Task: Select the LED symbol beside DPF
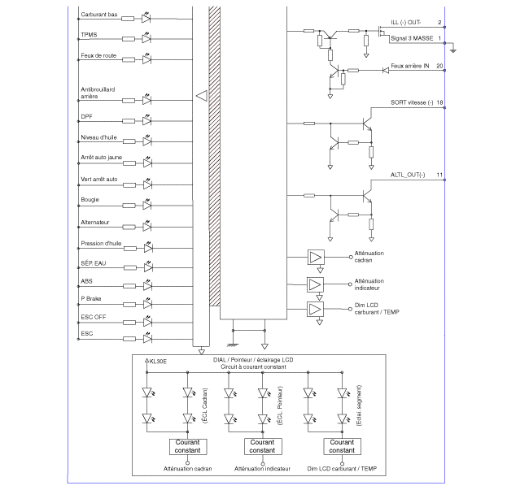[x=147, y=119]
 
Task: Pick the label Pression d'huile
[x=101, y=242]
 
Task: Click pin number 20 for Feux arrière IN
[x=439, y=66]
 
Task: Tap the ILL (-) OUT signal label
[x=406, y=22]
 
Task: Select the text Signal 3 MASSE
[x=412, y=38]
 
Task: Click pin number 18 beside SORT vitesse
[x=439, y=103]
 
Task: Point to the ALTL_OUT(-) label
[x=407, y=176]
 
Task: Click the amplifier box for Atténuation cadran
[x=314, y=257]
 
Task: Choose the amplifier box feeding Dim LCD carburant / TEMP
[x=314, y=309]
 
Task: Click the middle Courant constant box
[x=262, y=446]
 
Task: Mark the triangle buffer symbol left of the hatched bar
[x=201, y=97]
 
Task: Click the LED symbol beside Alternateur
[x=147, y=224]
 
